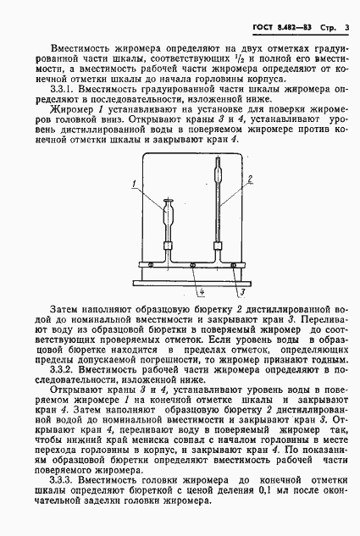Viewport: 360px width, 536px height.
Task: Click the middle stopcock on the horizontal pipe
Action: [192, 265]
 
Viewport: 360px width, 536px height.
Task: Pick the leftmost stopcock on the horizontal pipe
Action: [149, 265]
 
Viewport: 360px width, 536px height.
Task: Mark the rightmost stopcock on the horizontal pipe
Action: [235, 265]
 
